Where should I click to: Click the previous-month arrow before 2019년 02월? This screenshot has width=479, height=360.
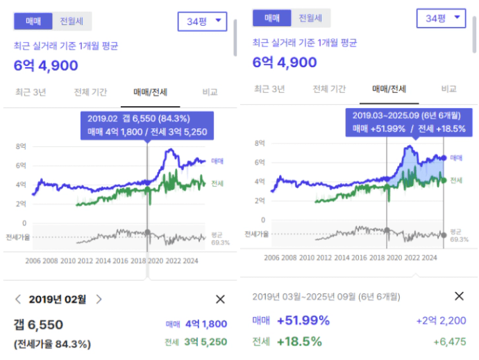[x=18, y=299]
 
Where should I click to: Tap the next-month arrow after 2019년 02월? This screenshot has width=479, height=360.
[x=99, y=299]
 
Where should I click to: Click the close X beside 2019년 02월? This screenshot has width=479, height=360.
[x=220, y=299]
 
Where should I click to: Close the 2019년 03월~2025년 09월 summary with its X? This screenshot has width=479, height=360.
[x=459, y=296]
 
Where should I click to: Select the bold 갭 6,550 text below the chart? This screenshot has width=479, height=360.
[x=38, y=324]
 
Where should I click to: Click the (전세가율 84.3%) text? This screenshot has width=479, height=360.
[x=52, y=343]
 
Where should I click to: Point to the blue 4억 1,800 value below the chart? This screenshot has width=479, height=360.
[x=207, y=324]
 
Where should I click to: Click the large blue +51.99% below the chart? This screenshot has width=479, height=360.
[x=303, y=320]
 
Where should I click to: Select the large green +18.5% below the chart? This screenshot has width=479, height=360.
[x=299, y=341]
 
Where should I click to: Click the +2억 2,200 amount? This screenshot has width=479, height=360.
[x=442, y=320]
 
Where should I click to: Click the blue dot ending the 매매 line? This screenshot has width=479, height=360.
[x=444, y=158]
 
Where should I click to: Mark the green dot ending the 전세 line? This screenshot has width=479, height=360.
[x=444, y=180]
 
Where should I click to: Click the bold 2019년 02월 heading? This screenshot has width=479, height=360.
[x=58, y=300]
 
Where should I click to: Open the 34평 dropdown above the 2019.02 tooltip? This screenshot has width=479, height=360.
[x=202, y=22]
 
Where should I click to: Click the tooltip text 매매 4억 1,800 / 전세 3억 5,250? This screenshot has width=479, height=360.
[x=146, y=131]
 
